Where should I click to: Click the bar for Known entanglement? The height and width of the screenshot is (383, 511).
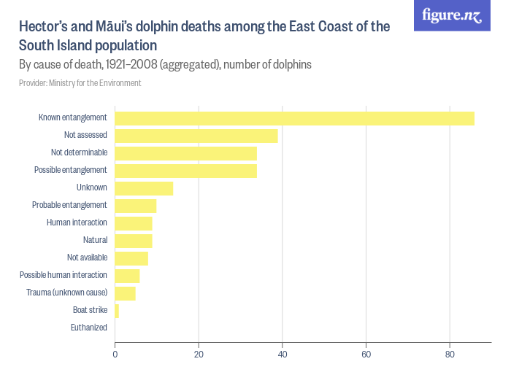(x=294, y=118)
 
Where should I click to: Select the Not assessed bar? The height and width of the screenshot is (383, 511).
(x=196, y=136)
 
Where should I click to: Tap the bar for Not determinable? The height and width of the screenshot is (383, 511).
(x=186, y=153)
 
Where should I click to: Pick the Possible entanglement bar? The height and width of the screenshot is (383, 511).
(x=186, y=171)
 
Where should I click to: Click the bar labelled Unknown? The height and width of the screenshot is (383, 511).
(x=144, y=188)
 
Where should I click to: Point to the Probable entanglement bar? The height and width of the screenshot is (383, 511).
(x=136, y=206)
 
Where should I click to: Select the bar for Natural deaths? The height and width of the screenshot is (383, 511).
(x=134, y=241)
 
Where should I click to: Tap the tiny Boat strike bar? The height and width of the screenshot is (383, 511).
(x=117, y=311)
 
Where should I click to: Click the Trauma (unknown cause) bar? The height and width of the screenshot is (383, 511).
(x=125, y=293)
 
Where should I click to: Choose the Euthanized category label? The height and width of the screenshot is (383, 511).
(x=88, y=328)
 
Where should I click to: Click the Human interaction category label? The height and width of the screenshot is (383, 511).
(x=77, y=223)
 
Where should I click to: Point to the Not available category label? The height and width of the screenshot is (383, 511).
(x=87, y=258)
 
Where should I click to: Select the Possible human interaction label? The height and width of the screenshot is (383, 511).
(x=64, y=275)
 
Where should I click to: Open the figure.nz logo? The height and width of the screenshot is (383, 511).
(x=452, y=15)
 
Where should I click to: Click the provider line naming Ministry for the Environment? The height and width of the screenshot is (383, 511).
(x=80, y=83)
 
